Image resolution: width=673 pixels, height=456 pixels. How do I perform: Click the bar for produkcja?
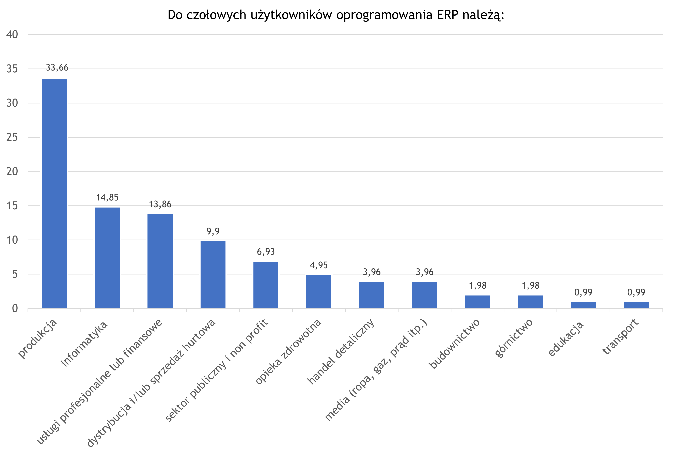click(x=54, y=193)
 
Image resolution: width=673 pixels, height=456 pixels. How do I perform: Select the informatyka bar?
click(x=107, y=257)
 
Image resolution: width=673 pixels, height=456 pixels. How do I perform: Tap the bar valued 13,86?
click(x=160, y=261)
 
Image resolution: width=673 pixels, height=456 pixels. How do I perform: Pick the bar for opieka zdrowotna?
click(x=319, y=291)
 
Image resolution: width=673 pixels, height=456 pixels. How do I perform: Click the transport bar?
click(x=636, y=305)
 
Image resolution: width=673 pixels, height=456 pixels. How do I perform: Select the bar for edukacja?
click(x=583, y=305)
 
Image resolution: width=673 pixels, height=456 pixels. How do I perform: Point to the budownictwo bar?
click(x=478, y=301)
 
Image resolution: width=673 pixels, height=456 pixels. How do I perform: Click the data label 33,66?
click(x=57, y=67)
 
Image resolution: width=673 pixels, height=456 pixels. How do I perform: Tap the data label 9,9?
click(x=213, y=231)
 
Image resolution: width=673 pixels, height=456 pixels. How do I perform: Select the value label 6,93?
click(x=266, y=252)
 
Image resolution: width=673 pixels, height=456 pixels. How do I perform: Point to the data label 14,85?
click(x=107, y=198)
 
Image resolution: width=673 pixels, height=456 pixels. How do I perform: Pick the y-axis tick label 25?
click(x=12, y=137)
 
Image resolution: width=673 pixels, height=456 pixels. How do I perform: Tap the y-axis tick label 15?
click(x=12, y=206)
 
